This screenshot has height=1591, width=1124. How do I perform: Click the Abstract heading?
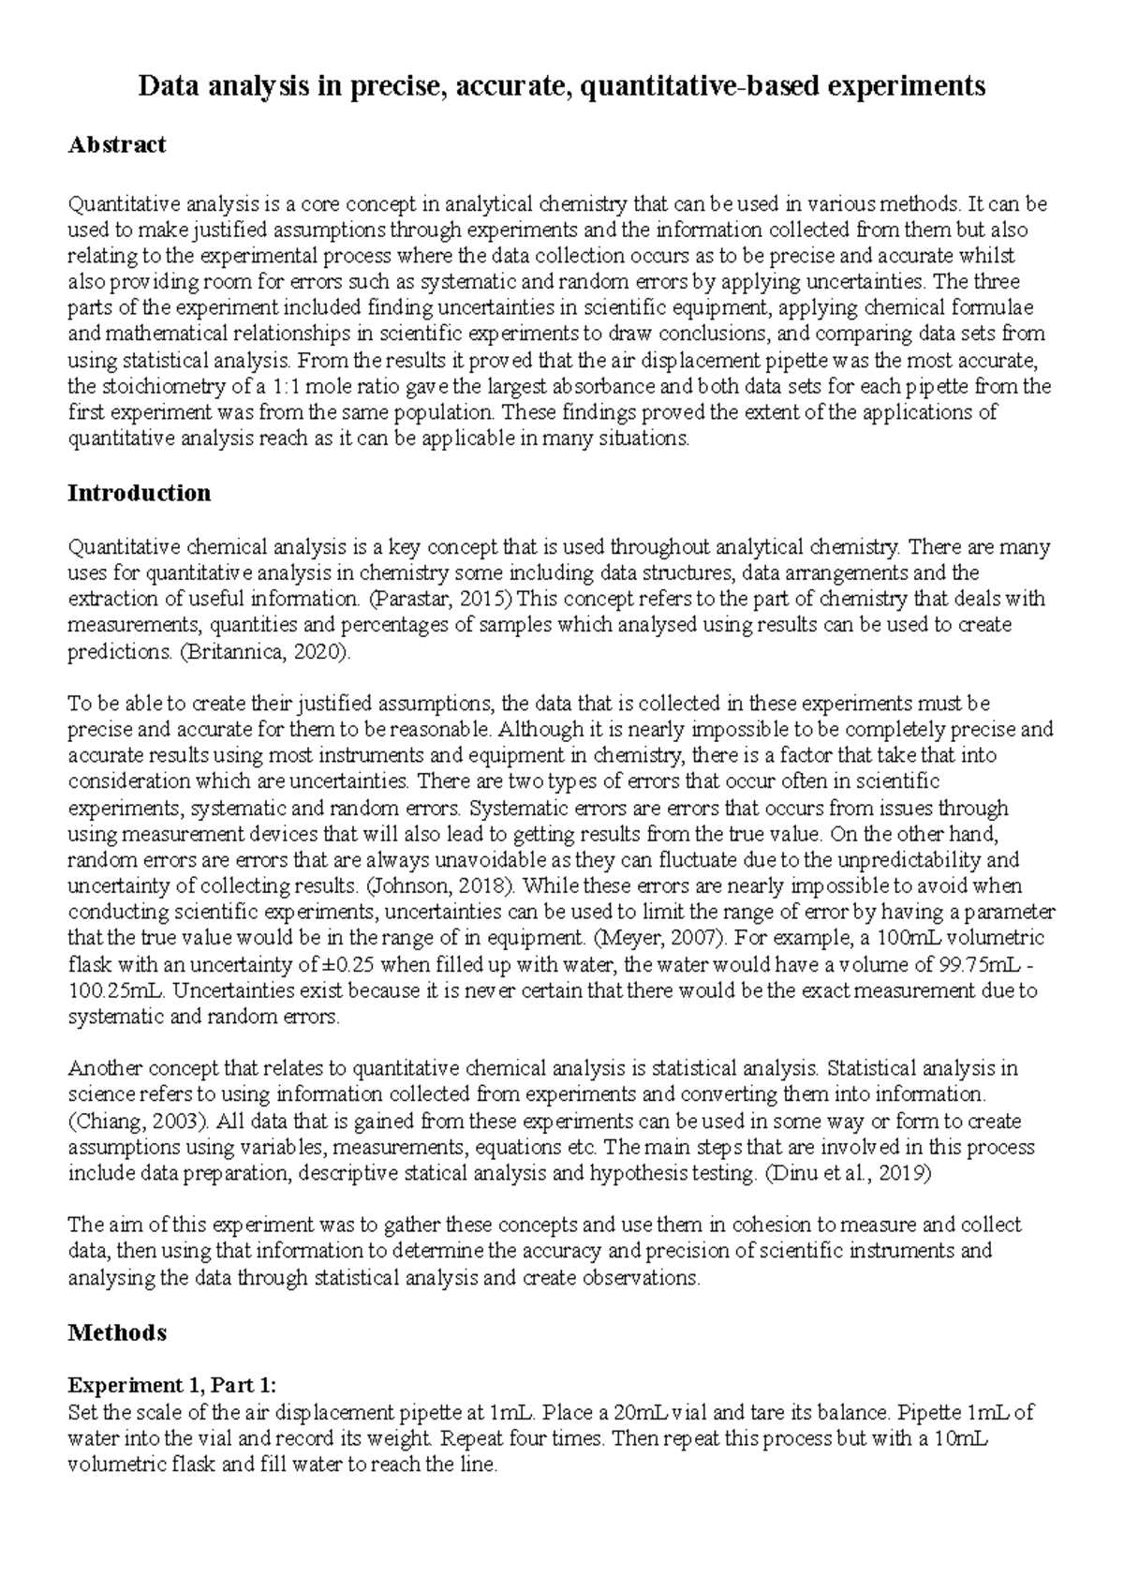pyautogui.click(x=116, y=144)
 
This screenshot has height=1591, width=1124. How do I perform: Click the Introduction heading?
pyautogui.click(x=139, y=494)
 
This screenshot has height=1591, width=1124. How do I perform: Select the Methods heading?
pyautogui.click(x=117, y=1332)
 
